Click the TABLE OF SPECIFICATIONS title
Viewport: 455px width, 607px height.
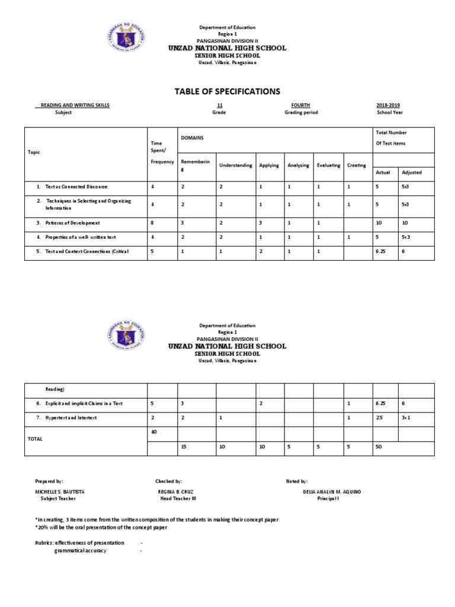coord(227,91)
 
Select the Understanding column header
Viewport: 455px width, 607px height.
coord(235,165)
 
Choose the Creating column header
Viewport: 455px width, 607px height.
coord(357,165)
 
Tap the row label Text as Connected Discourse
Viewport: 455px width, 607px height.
coord(72,187)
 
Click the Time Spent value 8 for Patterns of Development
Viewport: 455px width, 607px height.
coord(153,223)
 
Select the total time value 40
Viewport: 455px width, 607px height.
coord(154,432)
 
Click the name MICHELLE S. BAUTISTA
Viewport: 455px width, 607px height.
coord(59,492)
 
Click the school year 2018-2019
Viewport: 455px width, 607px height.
coord(388,105)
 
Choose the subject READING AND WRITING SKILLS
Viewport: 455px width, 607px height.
coord(75,105)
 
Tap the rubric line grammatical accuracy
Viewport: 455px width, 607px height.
coord(81,551)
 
